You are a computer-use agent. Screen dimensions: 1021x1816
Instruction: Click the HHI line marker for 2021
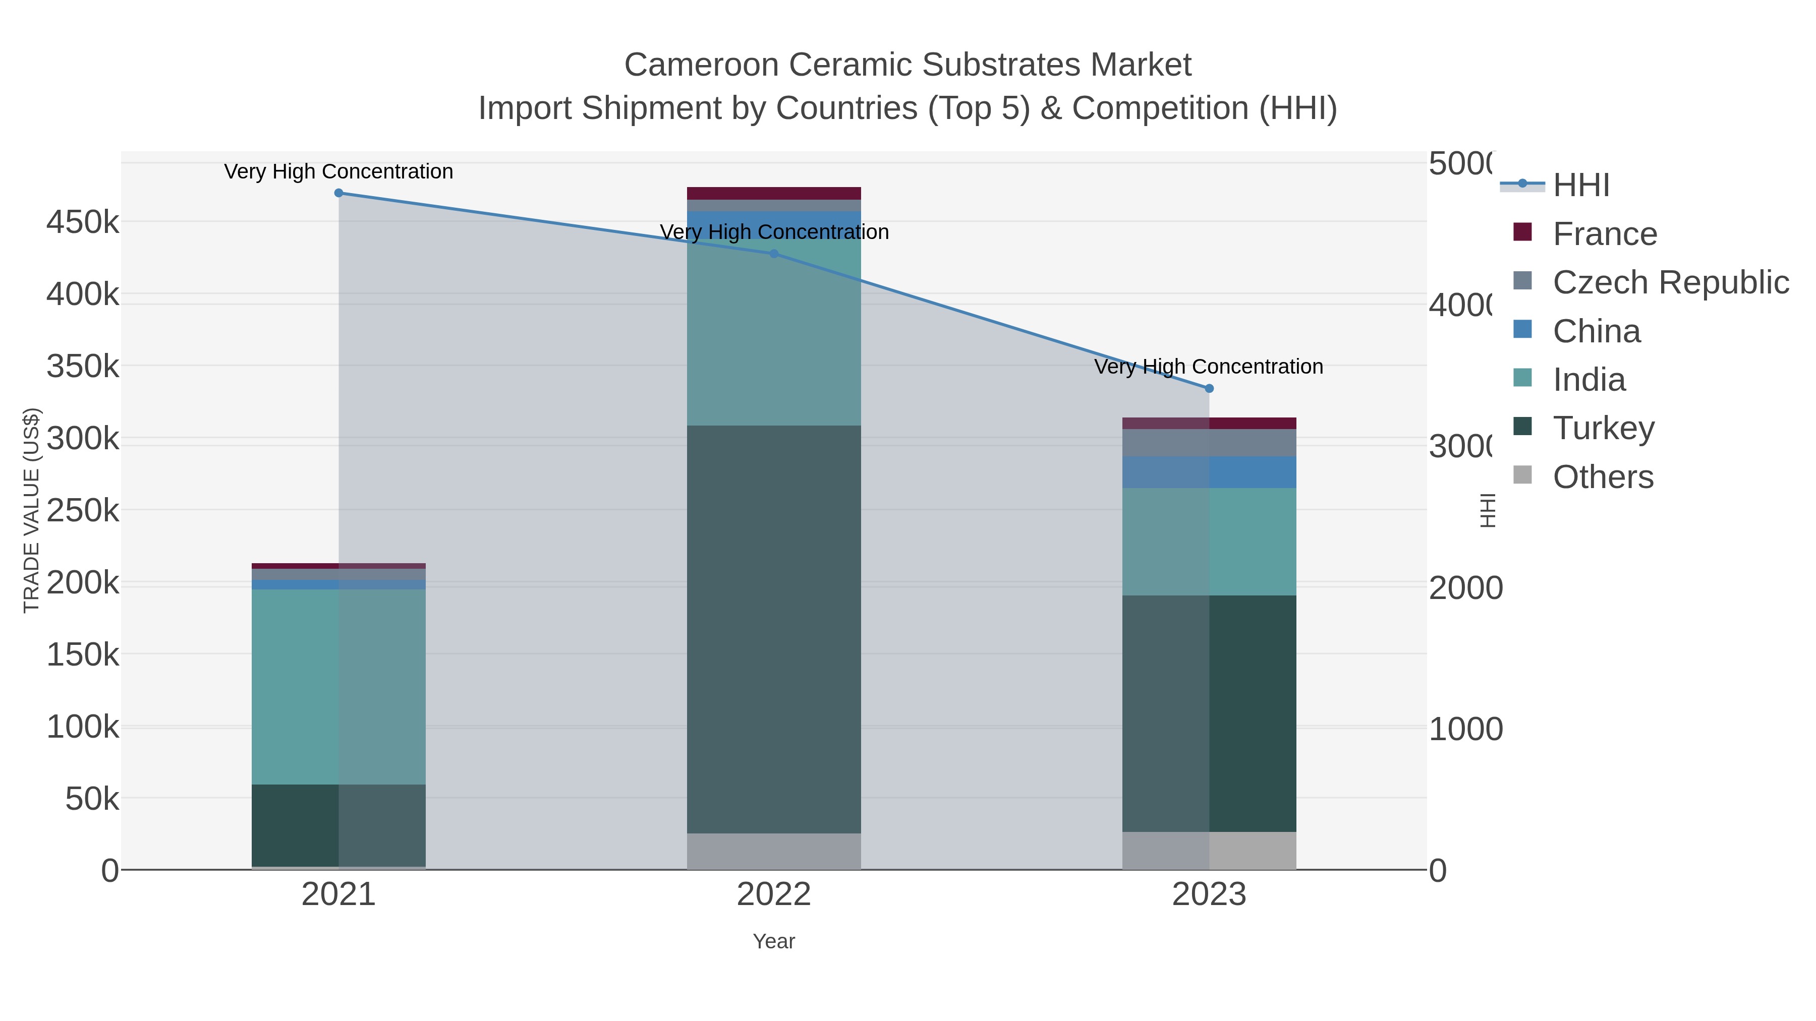click(338, 193)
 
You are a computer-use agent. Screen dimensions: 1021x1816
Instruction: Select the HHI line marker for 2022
click(774, 254)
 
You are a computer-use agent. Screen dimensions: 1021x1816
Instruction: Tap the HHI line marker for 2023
click(1209, 388)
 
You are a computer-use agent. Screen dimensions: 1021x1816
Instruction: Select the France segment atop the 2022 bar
click(774, 193)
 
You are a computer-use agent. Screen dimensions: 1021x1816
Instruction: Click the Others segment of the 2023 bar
click(1209, 851)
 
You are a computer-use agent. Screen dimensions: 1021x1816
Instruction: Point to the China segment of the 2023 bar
click(1209, 472)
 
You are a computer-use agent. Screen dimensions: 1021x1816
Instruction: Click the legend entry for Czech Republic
click(1670, 282)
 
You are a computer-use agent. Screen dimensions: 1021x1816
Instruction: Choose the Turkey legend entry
click(1603, 429)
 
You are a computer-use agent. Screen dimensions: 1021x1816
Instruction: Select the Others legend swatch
click(1523, 475)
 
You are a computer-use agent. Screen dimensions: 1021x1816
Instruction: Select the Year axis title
click(774, 941)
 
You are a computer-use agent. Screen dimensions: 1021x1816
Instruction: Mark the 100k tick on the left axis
click(83, 727)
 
